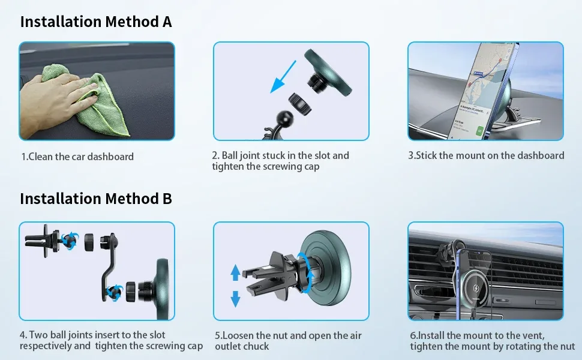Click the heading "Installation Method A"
tap(96, 22)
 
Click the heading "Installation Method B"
tap(96, 199)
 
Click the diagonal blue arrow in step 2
tap(283, 77)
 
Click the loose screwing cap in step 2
tap(299, 104)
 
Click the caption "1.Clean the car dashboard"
tap(77, 157)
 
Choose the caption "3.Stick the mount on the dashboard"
tap(486, 155)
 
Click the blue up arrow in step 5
tap(235, 272)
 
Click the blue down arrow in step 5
tap(235, 299)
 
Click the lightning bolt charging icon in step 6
tap(476, 287)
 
